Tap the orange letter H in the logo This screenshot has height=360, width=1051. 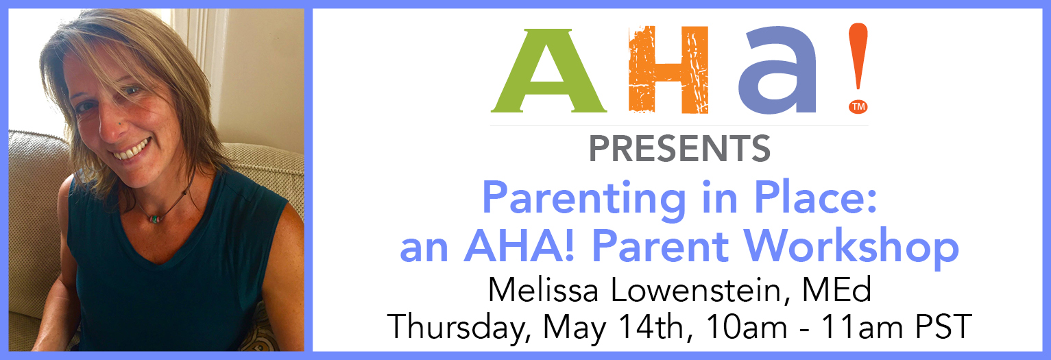pos(668,69)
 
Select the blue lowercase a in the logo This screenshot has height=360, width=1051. pos(778,71)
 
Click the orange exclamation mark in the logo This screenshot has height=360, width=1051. pos(858,56)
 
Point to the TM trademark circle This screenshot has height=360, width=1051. pos(858,106)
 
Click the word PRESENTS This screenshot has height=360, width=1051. pos(679,149)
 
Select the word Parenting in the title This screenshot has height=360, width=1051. pos(584,199)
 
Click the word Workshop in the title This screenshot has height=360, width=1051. pos(851,247)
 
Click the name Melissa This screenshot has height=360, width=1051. pos(544,290)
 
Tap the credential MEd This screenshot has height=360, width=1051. pos(836,289)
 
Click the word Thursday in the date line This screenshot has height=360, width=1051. pos(459,328)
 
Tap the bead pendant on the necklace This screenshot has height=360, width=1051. pos(156,219)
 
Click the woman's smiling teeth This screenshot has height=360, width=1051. pos(132,149)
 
